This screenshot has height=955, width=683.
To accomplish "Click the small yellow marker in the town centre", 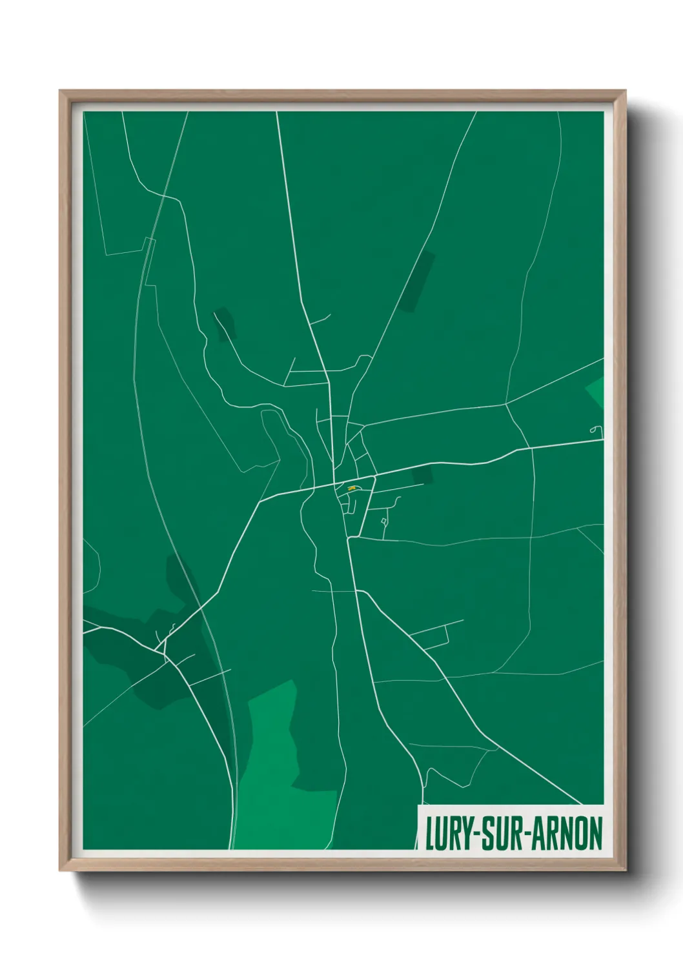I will [x=351, y=489].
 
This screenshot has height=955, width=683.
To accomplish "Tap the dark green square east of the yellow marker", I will [x=422, y=476].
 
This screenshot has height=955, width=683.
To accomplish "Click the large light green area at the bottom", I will [x=278, y=768].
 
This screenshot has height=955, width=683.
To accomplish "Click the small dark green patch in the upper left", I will [x=225, y=323].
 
